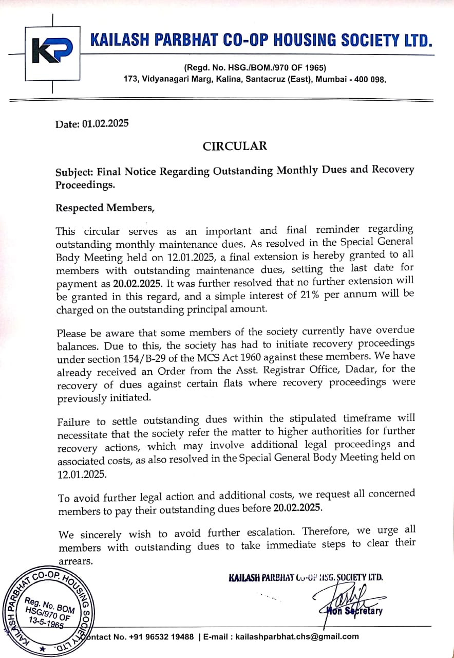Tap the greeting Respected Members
105,208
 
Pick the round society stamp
46,612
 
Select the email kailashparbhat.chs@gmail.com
297,636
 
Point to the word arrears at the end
75,561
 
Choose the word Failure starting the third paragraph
74,422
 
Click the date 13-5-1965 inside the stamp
46,622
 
